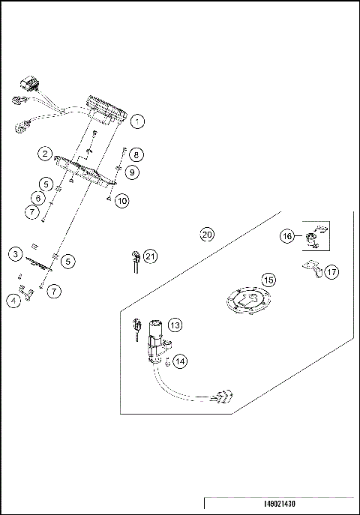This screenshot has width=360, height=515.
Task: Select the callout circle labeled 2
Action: point(46,154)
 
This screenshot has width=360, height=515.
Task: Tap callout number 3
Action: point(15,254)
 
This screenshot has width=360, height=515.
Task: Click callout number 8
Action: point(135,155)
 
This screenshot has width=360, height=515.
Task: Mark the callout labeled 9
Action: point(133,172)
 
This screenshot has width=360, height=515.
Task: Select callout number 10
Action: point(122,200)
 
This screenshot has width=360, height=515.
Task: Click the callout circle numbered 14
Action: point(179,361)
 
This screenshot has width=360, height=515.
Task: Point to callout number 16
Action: point(288,236)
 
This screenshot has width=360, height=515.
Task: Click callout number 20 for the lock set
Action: point(208,235)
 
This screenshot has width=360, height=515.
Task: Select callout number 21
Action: point(151,256)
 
